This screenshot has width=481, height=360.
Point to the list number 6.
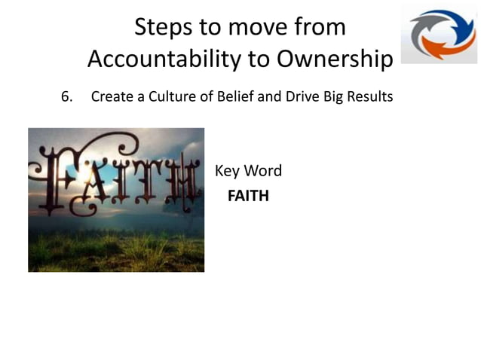66,96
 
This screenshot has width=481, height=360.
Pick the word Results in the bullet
369,96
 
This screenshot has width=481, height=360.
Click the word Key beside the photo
228,171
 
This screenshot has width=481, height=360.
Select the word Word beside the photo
265,171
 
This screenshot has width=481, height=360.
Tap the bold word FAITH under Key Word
248,197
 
